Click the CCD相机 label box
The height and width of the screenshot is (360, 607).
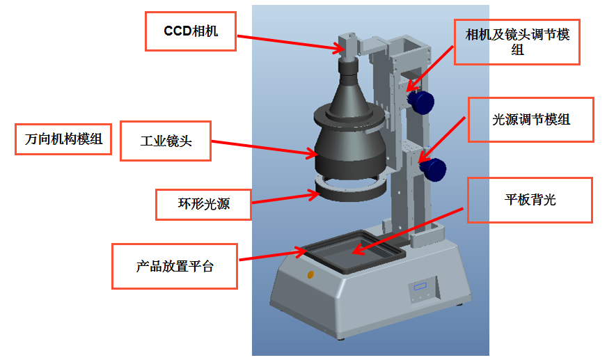pyautogui.click(x=190, y=32)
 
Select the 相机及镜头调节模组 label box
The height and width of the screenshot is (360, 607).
pyautogui.click(x=517, y=42)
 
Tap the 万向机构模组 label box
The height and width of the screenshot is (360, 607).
pyautogui.click(x=63, y=139)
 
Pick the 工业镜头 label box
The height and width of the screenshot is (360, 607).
pyautogui.click(x=166, y=141)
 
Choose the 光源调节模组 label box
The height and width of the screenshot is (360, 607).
pyautogui.click(x=530, y=120)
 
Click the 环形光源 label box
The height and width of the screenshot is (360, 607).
pyautogui.click(x=203, y=205)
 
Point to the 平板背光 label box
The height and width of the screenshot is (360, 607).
pyautogui.click(x=529, y=201)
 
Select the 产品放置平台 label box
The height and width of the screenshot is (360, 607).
pyautogui.click(x=174, y=266)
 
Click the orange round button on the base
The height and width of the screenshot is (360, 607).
pyautogui.click(x=310, y=274)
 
